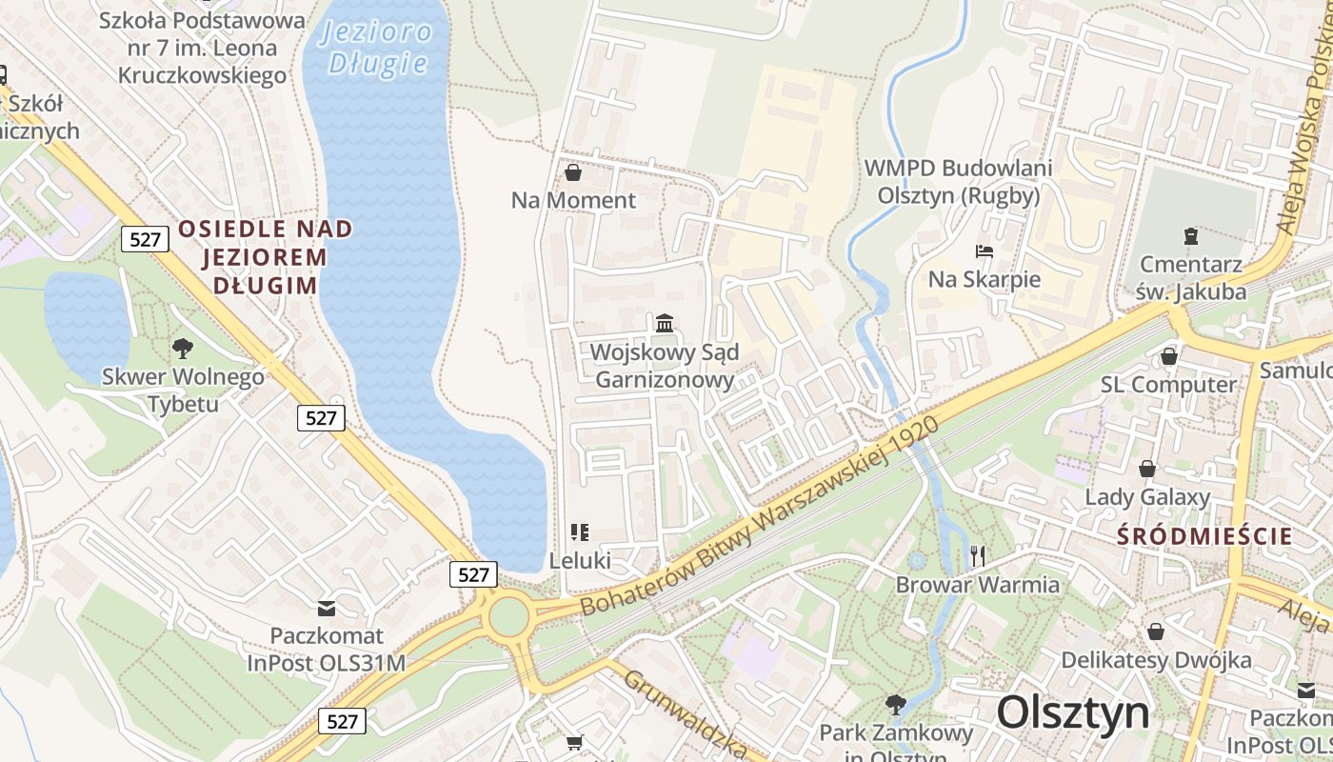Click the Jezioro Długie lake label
[377, 48]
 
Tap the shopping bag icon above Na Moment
[573, 172]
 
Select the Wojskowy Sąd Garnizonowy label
[664, 366]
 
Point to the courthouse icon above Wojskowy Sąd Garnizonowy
[665, 323]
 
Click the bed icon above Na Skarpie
[985, 251]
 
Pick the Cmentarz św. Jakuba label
[1190, 278]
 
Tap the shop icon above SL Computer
[1168, 356]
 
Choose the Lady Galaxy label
[1147, 496]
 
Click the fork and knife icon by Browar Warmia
[977, 555]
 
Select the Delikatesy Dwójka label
[1156, 659]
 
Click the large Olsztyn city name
[1073, 712]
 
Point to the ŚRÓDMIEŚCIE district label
[1204, 535]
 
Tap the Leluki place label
[580, 560]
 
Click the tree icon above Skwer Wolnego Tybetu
[182, 349]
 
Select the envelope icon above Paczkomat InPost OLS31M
[327, 607]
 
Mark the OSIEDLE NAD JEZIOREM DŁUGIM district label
[264, 257]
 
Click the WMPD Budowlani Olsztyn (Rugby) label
[958, 181]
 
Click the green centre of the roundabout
[508, 616]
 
